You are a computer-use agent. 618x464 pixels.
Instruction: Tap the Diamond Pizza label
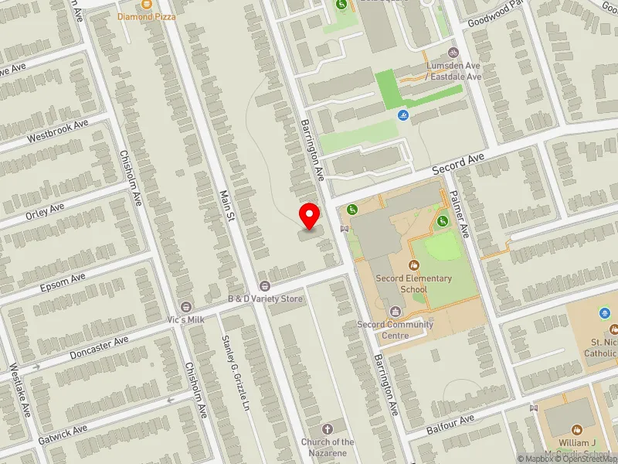[x=147, y=15]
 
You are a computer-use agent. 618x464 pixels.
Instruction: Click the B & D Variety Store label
[x=264, y=299]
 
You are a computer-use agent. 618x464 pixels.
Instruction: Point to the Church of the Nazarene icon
[x=328, y=429]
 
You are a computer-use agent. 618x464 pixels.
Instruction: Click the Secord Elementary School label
[x=402, y=284]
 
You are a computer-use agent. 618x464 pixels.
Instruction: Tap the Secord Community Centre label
[x=395, y=325]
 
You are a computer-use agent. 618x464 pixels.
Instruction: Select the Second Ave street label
[x=458, y=163]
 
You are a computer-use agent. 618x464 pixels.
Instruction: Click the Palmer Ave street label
[x=459, y=213]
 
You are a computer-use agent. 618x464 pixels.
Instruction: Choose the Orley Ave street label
[x=45, y=210]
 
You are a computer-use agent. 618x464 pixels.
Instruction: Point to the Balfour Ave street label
[x=450, y=422]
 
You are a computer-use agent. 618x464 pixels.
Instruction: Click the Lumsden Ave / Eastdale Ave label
[x=453, y=71]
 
